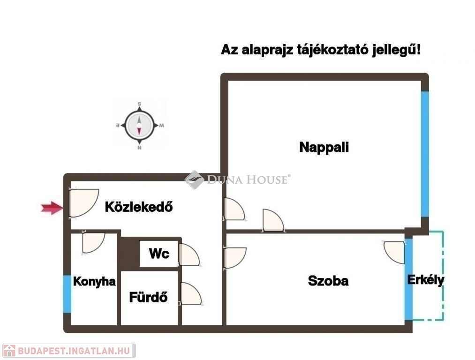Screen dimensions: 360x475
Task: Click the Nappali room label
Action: click(x=324, y=147)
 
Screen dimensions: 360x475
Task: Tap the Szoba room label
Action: click(x=328, y=281)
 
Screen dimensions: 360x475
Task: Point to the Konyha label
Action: click(x=94, y=282)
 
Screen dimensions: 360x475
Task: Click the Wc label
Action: click(x=159, y=254)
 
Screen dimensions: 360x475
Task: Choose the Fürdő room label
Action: click(x=148, y=297)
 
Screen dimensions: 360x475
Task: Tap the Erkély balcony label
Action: click(x=425, y=280)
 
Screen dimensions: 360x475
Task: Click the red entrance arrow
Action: click(x=52, y=208)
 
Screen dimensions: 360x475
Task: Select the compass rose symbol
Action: click(x=139, y=126)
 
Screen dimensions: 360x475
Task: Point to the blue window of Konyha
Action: click(x=67, y=294)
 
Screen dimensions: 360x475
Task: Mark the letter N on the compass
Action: click(x=139, y=148)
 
